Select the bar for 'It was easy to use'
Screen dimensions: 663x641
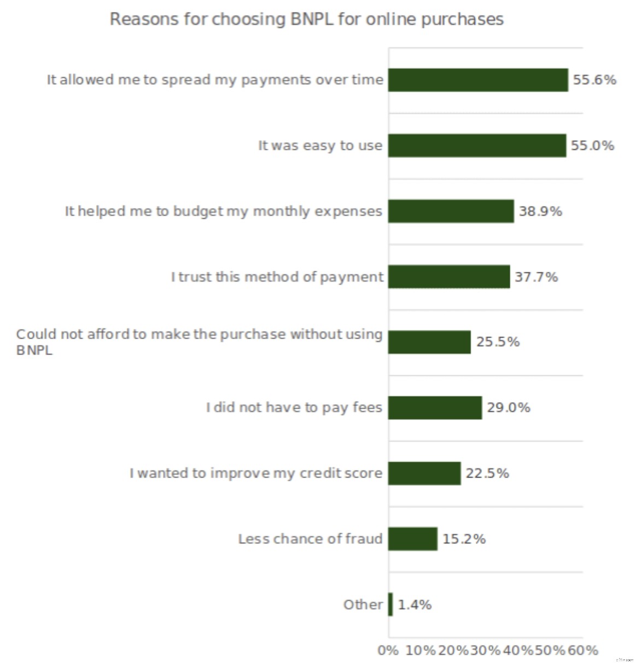pyautogui.click(x=477, y=146)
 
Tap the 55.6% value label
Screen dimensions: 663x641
pyautogui.click(x=595, y=80)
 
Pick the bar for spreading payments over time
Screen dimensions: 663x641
pyautogui.click(x=478, y=80)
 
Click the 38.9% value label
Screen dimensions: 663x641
pyautogui.click(x=540, y=211)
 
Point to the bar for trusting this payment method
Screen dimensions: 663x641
pyautogui.click(x=449, y=277)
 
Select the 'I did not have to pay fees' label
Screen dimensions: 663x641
pyautogui.click(x=294, y=408)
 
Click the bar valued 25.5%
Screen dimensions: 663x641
pyautogui.click(x=429, y=342)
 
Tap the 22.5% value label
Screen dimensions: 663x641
pyautogui.click(x=487, y=473)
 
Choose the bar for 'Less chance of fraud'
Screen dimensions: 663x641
pyautogui.click(x=413, y=539)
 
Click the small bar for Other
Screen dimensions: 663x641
pyautogui.click(x=391, y=604)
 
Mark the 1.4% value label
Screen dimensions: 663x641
pyautogui.click(x=415, y=604)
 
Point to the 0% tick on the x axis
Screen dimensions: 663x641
pyautogui.click(x=388, y=650)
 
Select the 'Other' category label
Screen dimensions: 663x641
pyautogui.click(x=363, y=604)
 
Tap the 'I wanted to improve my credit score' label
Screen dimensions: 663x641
pyautogui.click(x=255, y=473)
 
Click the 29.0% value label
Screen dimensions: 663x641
pyautogui.click(x=509, y=408)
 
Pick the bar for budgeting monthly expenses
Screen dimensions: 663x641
pyautogui.click(x=451, y=211)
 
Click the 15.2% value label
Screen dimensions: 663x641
pyautogui.click(x=464, y=539)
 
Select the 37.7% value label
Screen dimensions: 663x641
pyautogui.click(x=536, y=277)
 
